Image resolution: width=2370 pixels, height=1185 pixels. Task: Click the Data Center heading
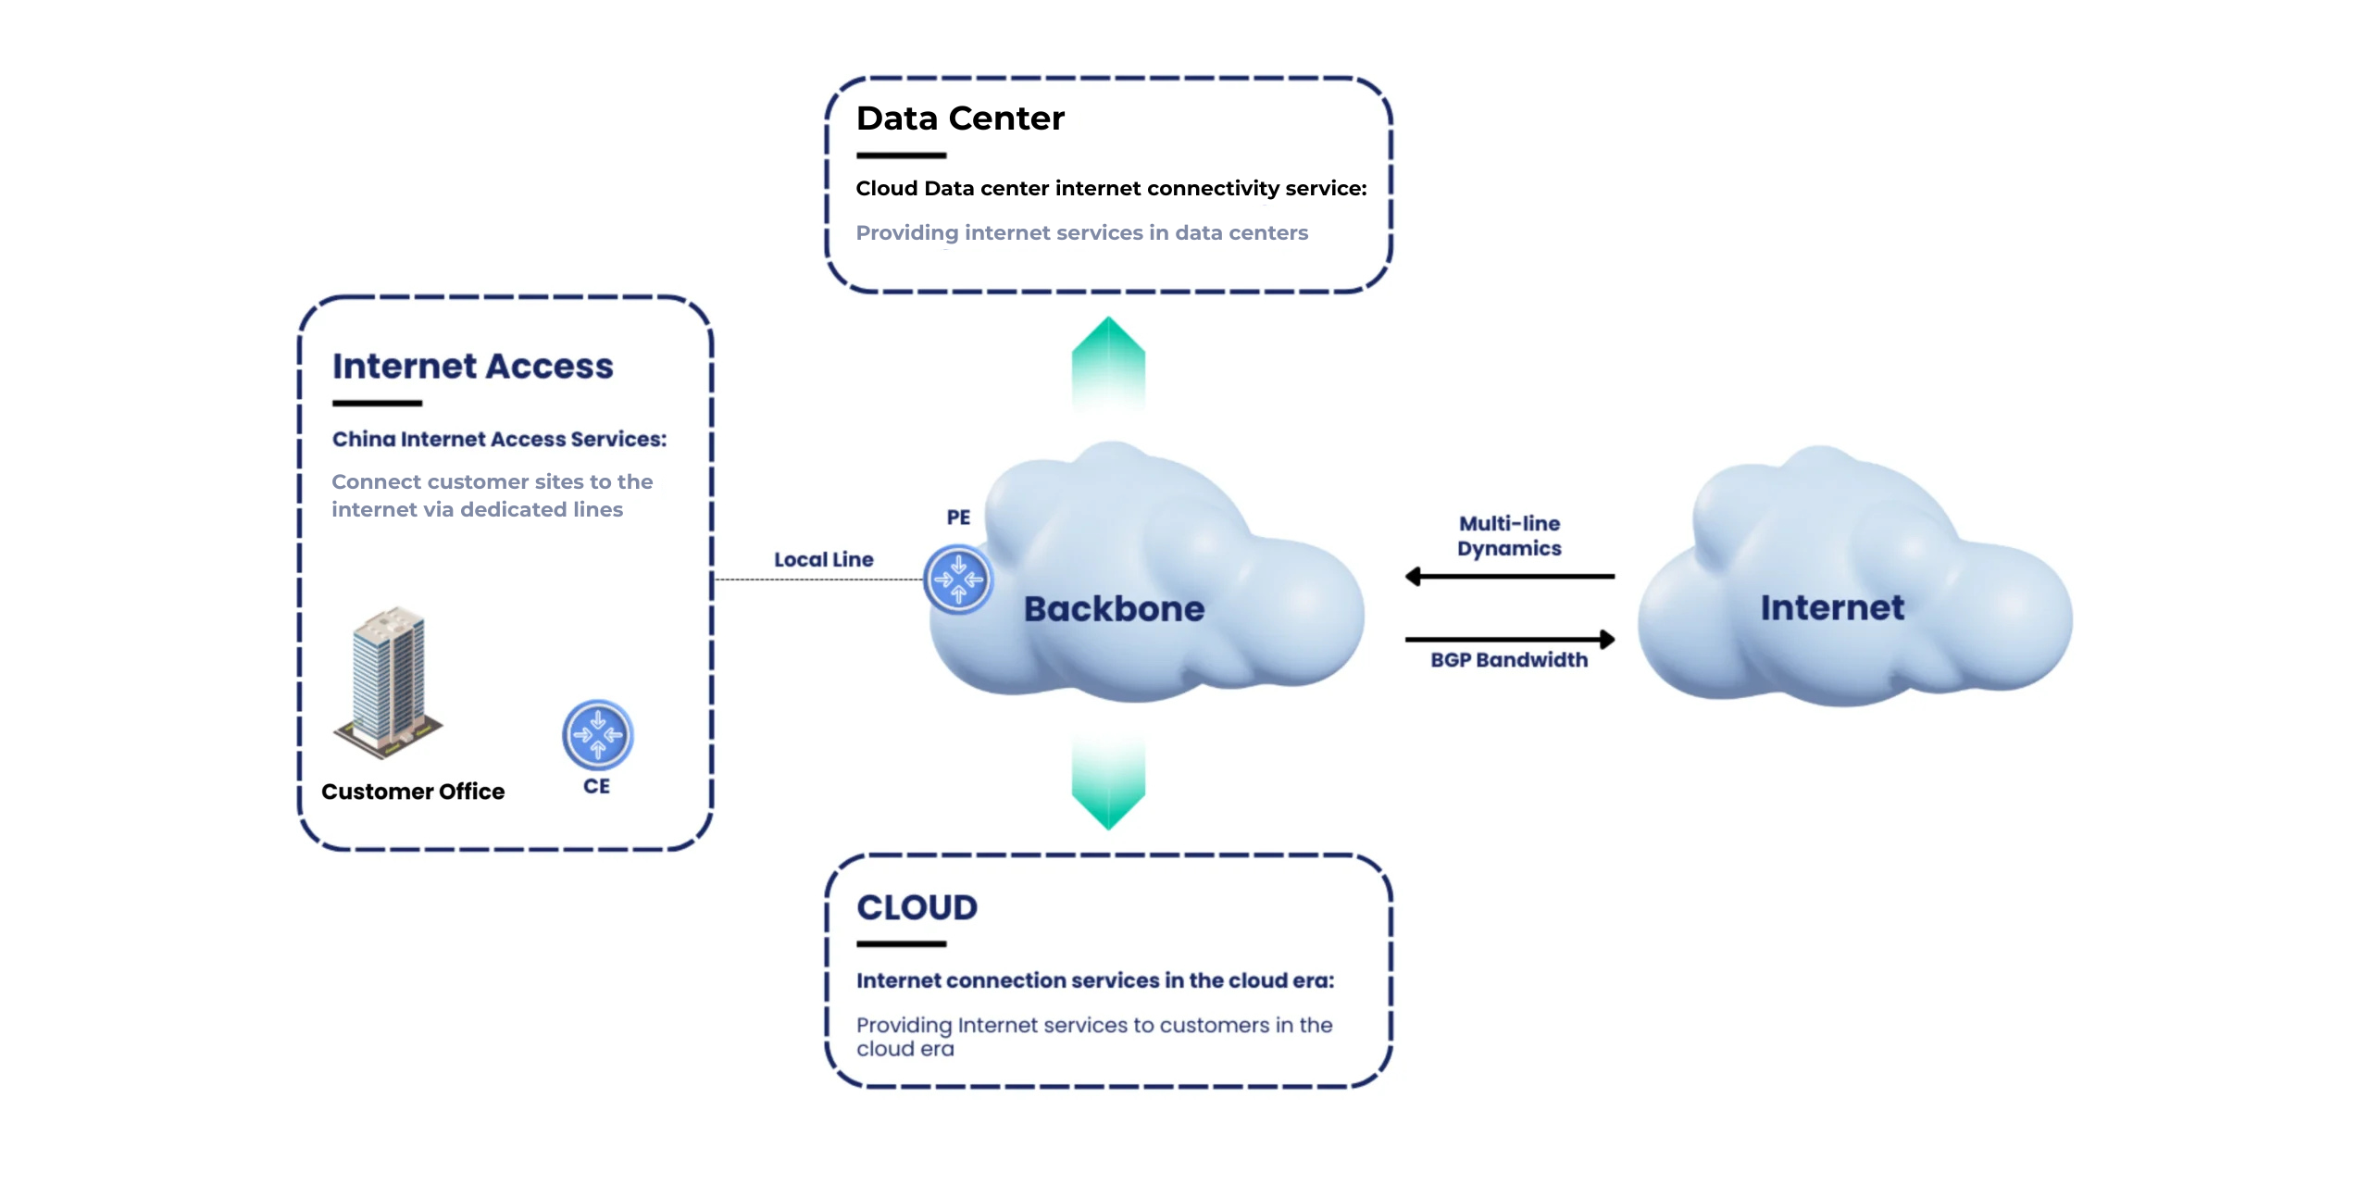[960, 118]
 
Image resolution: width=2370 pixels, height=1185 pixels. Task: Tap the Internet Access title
[472, 367]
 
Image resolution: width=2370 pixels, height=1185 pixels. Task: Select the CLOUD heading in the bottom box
[917, 907]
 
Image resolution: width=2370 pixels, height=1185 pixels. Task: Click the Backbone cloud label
[1114, 609]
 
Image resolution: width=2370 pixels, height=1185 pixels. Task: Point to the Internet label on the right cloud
[1832, 608]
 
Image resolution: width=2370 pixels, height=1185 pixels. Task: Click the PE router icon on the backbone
[958, 580]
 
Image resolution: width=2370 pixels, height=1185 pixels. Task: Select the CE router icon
[598, 735]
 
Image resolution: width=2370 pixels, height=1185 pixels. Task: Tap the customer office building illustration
[389, 683]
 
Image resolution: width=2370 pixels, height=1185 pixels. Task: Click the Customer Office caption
[413, 792]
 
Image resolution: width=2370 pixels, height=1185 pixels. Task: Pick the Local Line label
[823, 560]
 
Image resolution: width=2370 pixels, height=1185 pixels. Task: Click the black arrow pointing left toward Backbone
[1509, 577]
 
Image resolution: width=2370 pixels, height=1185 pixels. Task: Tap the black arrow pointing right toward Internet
[1509, 639]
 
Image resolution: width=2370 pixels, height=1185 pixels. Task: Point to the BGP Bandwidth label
[1509, 660]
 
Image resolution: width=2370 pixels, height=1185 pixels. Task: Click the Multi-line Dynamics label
[1509, 536]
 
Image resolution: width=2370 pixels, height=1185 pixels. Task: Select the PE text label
[958, 518]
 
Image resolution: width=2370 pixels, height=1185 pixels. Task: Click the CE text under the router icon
[596, 786]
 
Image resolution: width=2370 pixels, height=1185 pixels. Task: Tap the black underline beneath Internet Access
[377, 404]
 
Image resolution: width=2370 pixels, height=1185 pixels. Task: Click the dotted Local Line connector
[818, 580]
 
